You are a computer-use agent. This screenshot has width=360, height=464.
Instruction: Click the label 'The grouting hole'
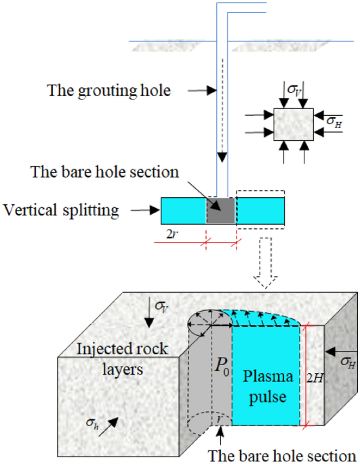108,89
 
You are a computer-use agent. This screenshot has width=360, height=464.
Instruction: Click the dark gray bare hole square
220,211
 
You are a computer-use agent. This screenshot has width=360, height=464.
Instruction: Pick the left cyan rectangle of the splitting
183,211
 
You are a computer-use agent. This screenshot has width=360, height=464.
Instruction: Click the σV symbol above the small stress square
293,89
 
